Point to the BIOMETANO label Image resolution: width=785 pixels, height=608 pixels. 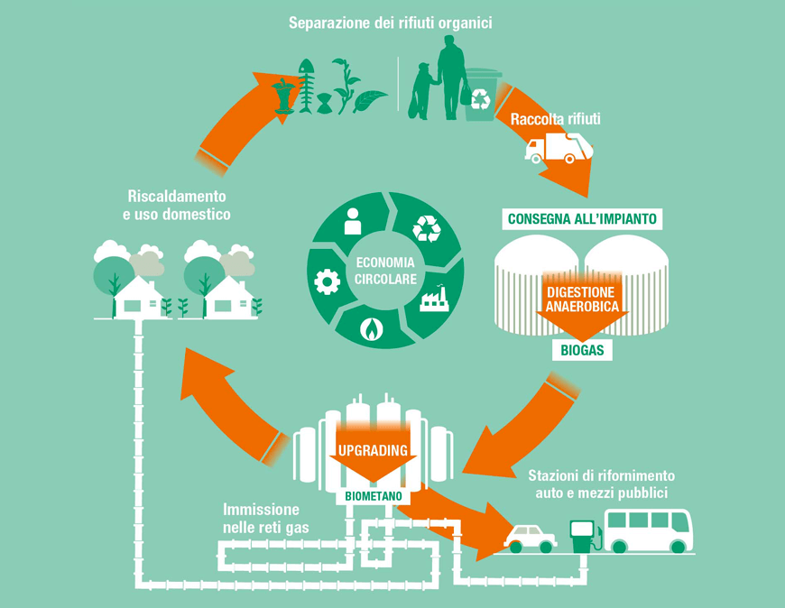tap(372, 495)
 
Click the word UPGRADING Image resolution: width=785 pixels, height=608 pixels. tap(373, 449)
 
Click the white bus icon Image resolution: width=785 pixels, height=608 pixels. tap(648, 530)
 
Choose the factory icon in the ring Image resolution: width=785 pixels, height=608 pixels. tap(434, 298)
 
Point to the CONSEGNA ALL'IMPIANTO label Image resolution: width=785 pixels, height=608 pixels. tap(583, 218)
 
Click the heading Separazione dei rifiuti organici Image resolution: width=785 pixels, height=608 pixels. tap(390, 23)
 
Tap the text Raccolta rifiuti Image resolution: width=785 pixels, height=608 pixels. tap(556, 118)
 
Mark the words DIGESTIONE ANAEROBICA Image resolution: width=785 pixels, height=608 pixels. tap(582, 299)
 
